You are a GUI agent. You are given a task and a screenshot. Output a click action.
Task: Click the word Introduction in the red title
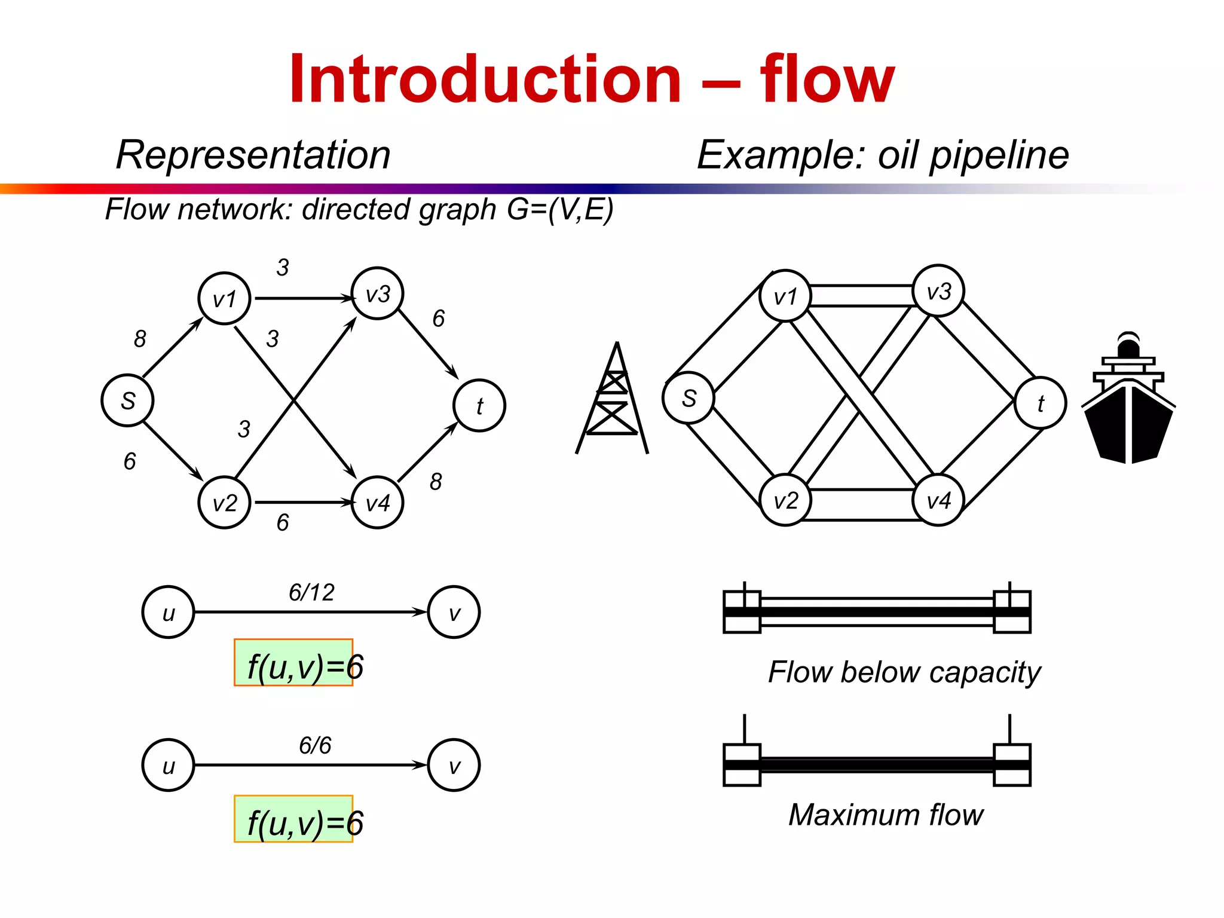coord(485,79)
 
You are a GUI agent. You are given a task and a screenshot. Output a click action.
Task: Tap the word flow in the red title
coord(827,79)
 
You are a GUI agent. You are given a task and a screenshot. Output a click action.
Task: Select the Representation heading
coord(253,155)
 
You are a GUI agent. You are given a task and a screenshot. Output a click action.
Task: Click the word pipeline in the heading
coord(999,155)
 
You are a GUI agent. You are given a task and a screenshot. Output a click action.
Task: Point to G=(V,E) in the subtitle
coord(560,209)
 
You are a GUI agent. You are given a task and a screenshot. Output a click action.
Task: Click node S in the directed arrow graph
coord(127,400)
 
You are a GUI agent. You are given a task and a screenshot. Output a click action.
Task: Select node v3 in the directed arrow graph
coord(378,293)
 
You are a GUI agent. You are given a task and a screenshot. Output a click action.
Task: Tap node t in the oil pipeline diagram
coord(1041,403)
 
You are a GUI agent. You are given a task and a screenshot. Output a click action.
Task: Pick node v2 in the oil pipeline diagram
coord(785,500)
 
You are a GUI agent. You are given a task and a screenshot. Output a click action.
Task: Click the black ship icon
coord(1128,400)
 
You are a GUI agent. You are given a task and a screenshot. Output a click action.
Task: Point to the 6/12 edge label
coord(311,592)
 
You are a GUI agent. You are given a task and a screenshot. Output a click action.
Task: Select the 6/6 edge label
coord(315,745)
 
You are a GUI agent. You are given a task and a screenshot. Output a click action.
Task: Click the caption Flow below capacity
coord(904,672)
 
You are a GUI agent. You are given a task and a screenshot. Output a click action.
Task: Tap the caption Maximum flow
coord(886,815)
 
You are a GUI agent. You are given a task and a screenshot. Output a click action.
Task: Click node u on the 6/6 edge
coord(169,765)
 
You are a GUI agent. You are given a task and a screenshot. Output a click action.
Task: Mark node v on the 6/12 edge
coord(454,612)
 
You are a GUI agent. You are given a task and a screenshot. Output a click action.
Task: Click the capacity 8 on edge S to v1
coord(140,339)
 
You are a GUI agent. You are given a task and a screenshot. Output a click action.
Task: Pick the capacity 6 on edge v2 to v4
coord(283,522)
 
